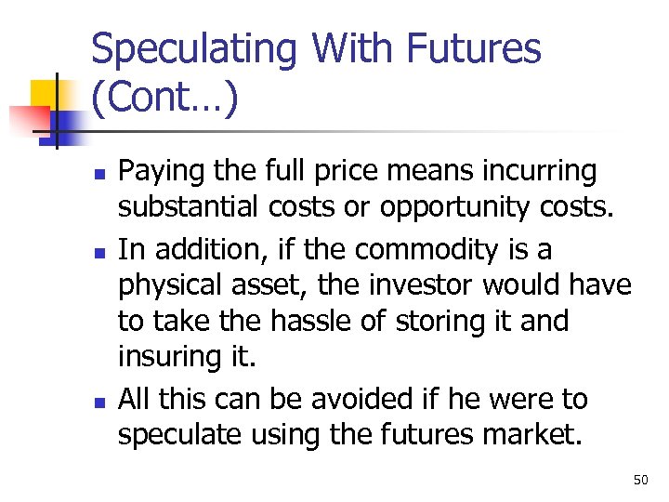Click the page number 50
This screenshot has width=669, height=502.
(x=640, y=480)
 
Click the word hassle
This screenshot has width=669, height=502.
(x=316, y=322)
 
